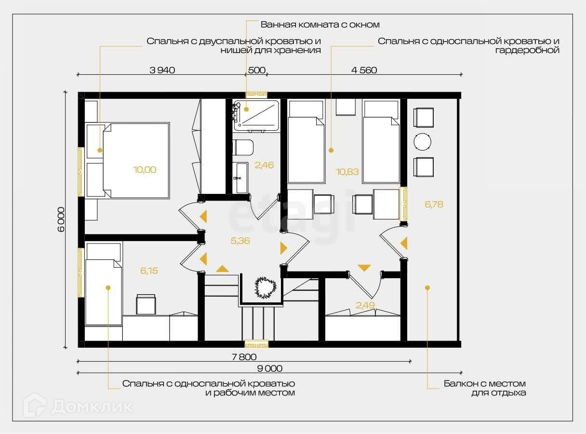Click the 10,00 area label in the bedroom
point(145,170)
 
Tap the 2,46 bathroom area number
point(264,165)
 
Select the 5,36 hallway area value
point(240,241)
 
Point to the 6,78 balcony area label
point(434,204)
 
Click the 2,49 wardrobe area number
point(365,305)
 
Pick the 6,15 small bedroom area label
point(149,271)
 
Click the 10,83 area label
point(347,172)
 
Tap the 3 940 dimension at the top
point(162,70)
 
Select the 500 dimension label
point(256,70)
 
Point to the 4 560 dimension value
point(364,70)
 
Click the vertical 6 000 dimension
point(61,219)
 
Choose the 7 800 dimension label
point(244,357)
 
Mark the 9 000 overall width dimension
point(270,368)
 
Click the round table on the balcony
point(423,142)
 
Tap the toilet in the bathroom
point(243,147)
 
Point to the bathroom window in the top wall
point(256,95)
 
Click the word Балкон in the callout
point(460,384)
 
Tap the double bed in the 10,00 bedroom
point(136,161)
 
